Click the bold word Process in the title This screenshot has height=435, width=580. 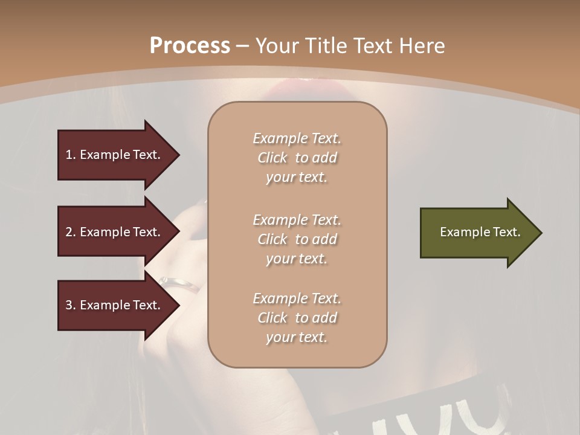point(190,46)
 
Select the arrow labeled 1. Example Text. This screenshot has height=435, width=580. point(115,155)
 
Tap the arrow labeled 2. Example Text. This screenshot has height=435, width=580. point(115,232)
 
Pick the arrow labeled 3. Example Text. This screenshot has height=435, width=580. point(115,305)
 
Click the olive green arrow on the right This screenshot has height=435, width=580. point(477,232)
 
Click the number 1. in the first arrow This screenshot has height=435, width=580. point(71,155)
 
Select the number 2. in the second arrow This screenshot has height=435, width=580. point(71,232)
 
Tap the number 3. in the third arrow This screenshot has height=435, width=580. point(71,305)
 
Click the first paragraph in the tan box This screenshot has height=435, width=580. point(297,158)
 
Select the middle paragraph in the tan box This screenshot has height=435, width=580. point(297,239)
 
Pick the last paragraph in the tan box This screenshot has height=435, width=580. point(297,318)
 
